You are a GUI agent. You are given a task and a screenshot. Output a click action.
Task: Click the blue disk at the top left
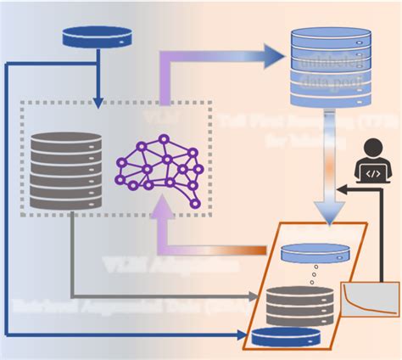point(98,37)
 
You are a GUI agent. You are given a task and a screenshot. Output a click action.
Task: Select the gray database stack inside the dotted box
point(66,169)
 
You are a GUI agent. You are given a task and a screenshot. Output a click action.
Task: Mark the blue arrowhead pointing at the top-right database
point(272,57)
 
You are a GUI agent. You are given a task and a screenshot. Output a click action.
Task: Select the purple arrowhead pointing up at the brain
point(160,216)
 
